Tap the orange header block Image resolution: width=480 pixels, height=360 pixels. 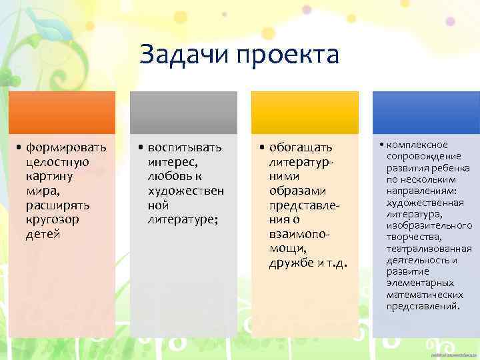(61, 112)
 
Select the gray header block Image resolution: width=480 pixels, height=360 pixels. (183, 112)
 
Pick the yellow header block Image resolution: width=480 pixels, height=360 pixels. (304, 112)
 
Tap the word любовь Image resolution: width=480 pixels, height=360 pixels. (171, 177)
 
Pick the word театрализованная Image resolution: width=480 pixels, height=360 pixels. (429, 249)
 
